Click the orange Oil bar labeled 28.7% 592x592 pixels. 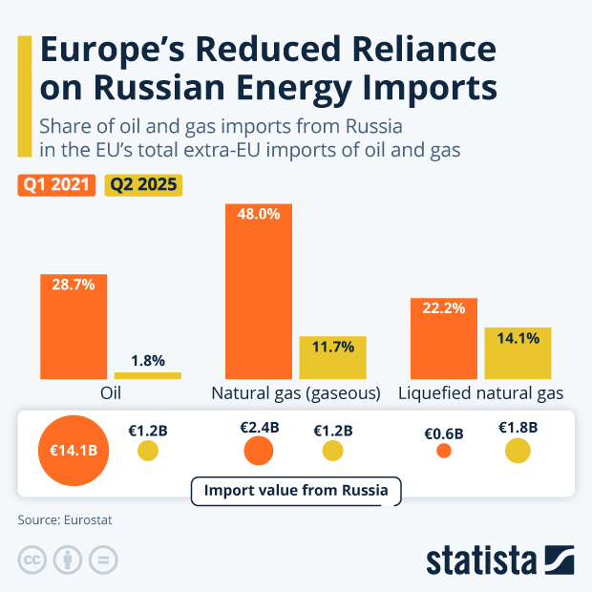tap(74, 327)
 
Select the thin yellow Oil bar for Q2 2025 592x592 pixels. tap(147, 375)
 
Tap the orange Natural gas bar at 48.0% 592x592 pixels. tap(258, 291)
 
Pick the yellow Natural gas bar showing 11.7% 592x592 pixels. tap(332, 358)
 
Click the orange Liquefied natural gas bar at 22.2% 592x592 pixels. tap(443, 339)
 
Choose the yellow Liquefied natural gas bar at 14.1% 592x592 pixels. tap(518, 353)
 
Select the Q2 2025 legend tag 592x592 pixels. tap(143, 184)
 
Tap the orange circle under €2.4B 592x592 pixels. tap(258, 451)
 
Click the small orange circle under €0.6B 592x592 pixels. tap(443, 451)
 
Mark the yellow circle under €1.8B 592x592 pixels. tap(518, 451)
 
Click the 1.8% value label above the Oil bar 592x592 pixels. tap(148, 361)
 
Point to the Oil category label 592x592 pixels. tap(111, 392)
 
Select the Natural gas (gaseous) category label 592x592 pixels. tap(295, 392)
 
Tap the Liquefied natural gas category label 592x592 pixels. tap(480, 392)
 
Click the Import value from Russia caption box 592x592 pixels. tap(296, 492)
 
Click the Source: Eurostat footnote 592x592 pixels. tap(57, 520)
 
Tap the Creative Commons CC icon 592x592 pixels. tap(32, 560)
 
